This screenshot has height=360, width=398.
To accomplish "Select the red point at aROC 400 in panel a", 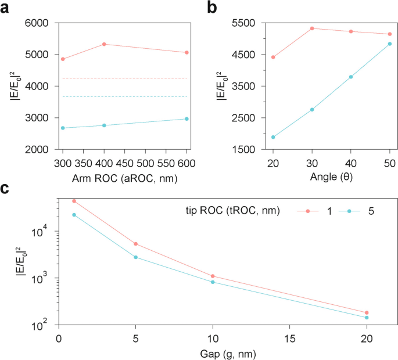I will (x=104, y=44).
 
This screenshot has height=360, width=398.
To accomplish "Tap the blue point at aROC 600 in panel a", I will (x=187, y=119).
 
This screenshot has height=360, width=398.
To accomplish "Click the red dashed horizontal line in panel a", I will (x=124, y=78).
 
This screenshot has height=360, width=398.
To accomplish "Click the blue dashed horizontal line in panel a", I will (x=124, y=96).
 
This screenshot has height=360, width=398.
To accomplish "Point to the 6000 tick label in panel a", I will (x=38, y=23).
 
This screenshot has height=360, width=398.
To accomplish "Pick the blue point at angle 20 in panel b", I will (x=273, y=137).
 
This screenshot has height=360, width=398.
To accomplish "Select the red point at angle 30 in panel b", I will (x=312, y=28).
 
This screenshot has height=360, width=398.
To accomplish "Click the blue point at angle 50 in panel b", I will (x=390, y=44).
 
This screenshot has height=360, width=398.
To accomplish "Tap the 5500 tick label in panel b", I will (x=248, y=23).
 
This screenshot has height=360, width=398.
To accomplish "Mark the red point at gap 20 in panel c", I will (x=367, y=313).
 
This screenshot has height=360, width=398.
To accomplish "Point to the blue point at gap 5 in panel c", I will (x=135, y=257).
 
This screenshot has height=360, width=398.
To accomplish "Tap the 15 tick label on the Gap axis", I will (x=289, y=339).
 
